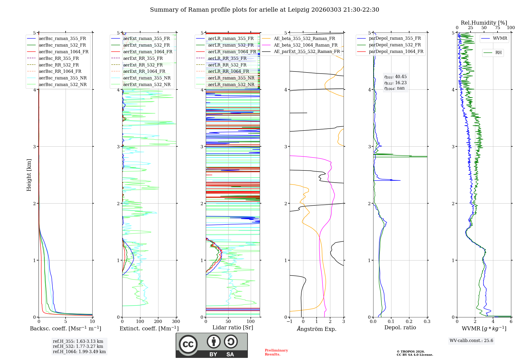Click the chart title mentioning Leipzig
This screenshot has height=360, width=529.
[264, 10]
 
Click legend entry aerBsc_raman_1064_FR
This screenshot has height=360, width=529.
[63, 52]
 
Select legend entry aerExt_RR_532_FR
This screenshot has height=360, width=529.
[143, 65]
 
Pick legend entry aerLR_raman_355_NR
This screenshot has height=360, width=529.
[231, 78]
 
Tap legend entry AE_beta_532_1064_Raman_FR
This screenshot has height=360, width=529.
[305, 45]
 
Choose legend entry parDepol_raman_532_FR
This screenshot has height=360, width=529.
[395, 45]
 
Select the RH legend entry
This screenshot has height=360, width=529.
[498, 53]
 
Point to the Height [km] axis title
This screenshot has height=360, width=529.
[29, 175]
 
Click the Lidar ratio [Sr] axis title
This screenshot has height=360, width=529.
[233, 327]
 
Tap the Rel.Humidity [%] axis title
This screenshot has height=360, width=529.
[484, 23]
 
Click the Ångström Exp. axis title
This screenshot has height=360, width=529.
[317, 329]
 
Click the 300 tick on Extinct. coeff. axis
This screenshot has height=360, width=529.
[176, 322]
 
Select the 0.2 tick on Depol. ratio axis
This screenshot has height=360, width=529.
[409, 322]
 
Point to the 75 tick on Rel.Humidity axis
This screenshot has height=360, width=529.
[498, 28]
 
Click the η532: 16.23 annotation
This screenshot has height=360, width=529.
[395, 83]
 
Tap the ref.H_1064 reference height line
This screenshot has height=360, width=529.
[79, 352]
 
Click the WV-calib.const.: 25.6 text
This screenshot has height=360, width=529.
[471, 341]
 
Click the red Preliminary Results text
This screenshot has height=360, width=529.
[276, 352]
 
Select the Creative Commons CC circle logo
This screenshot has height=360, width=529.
[188, 344]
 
